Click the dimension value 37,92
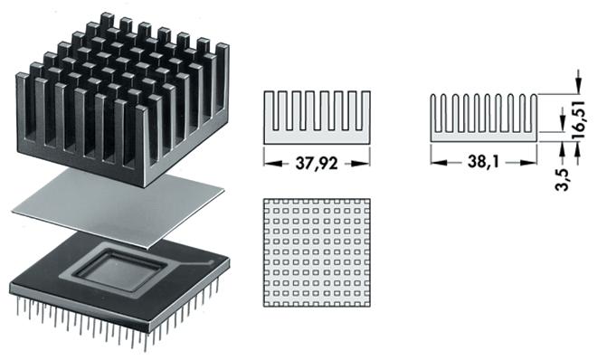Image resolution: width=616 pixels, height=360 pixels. click(x=317, y=163)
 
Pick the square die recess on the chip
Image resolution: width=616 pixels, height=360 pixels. click(x=126, y=269)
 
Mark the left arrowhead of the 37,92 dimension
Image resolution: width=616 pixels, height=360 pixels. click(x=269, y=163)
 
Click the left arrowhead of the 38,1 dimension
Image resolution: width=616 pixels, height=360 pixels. click(x=435, y=163)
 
